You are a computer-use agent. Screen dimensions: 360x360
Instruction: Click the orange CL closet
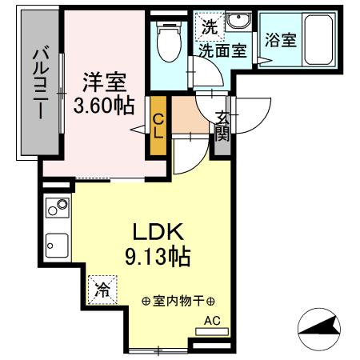pos(158,126)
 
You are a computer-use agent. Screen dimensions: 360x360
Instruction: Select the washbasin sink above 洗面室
pos(237,23)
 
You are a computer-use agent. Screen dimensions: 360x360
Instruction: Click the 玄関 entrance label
pos(222,126)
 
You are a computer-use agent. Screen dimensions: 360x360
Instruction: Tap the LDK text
pos(158,232)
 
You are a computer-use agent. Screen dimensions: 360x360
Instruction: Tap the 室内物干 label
pos(178,302)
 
